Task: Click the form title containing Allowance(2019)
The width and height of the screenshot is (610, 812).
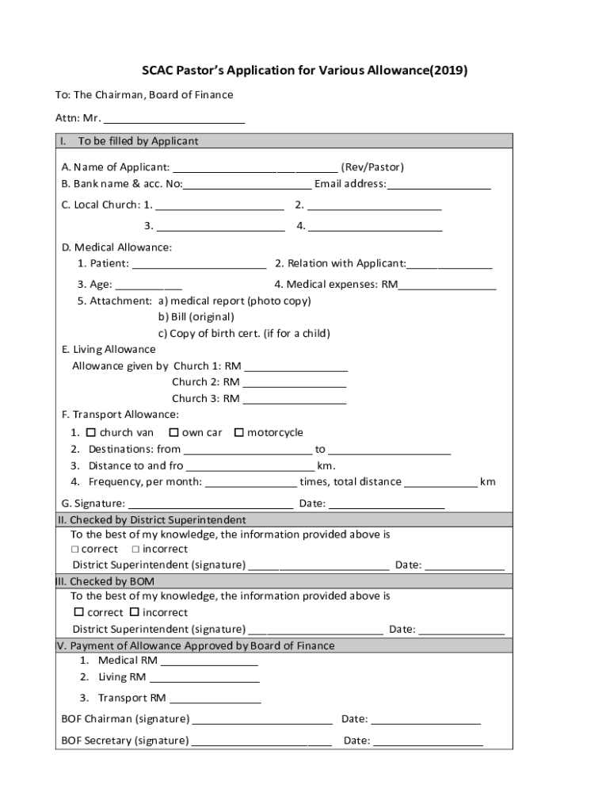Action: (x=304, y=71)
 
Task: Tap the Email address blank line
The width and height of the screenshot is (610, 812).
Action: (x=439, y=184)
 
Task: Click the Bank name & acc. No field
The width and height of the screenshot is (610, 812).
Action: (x=247, y=184)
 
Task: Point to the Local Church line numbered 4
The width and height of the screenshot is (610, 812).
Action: (x=375, y=226)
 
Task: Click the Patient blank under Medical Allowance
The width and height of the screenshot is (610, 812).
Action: (x=199, y=264)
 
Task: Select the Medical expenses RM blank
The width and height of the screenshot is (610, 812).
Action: (x=447, y=285)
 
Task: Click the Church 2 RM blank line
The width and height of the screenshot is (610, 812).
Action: (x=295, y=382)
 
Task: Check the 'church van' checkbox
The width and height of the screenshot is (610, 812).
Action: (x=90, y=432)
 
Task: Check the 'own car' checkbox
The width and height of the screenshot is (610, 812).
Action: (x=173, y=432)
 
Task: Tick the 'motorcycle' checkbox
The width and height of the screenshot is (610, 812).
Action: (x=238, y=432)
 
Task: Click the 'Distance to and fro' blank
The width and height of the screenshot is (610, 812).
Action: (x=250, y=466)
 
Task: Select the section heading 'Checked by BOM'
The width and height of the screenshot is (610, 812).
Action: (x=102, y=581)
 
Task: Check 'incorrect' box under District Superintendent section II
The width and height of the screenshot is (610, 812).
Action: (x=135, y=549)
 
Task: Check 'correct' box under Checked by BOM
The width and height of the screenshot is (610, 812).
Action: (x=78, y=612)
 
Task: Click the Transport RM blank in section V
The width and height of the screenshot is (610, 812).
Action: (x=215, y=699)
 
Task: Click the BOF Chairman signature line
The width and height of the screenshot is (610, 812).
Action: (x=262, y=719)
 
